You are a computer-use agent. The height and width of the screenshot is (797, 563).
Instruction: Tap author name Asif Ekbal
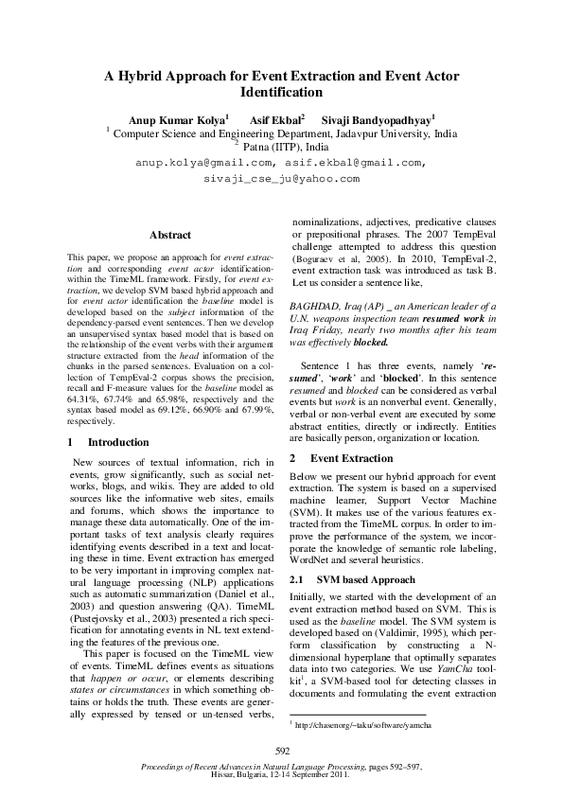(274, 119)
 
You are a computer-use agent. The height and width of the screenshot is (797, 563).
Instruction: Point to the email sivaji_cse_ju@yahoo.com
(281, 178)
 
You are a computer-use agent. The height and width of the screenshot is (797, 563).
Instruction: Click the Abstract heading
(170, 235)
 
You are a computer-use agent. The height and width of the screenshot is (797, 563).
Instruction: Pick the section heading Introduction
(118, 442)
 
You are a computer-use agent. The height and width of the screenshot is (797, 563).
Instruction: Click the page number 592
(281, 751)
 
